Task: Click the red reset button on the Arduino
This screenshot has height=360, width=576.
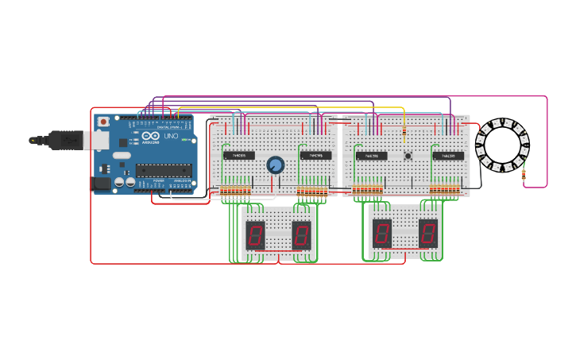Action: (103, 122)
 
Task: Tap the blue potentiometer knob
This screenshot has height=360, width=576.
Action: (275, 165)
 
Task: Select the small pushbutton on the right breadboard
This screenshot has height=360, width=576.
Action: (408, 157)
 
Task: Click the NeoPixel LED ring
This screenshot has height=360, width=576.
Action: (502, 145)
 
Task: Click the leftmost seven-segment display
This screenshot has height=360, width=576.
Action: (255, 234)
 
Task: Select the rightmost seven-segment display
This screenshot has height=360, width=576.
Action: (428, 233)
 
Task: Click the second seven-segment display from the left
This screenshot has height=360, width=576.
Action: (301, 234)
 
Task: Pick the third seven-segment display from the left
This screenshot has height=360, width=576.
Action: (382, 233)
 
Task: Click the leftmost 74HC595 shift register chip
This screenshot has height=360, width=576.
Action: (239, 155)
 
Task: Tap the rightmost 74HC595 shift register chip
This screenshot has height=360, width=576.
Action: (448, 156)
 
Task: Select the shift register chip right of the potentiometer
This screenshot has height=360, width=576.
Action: (315, 155)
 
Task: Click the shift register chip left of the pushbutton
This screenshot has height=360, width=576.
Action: (372, 156)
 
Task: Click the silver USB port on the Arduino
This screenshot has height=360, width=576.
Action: (97, 141)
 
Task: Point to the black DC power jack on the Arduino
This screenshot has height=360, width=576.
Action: (102, 184)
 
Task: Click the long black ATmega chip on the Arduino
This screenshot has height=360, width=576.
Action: (164, 169)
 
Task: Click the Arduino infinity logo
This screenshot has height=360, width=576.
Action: (151, 137)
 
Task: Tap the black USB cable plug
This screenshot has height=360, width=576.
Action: (64, 141)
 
